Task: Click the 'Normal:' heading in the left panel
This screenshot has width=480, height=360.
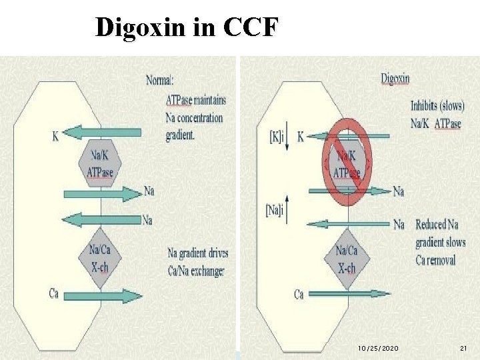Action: click(x=160, y=81)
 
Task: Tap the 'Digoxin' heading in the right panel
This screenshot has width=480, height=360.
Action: click(x=395, y=79)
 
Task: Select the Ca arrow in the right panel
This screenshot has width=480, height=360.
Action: click(x=351, y=293)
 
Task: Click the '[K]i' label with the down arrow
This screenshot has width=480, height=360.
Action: click(x=275, y=137)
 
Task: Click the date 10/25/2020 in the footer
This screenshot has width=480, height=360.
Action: click(x=378, y=349)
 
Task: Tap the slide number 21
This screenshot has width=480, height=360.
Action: click(x=464, y=349)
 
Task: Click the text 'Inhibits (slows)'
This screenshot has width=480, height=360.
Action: click(x=437, y=105)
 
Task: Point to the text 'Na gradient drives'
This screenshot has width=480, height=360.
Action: click(x=197, y=253)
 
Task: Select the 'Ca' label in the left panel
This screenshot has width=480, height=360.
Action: click(x=54, y=293)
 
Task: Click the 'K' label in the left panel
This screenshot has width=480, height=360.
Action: click(x=55, y=137)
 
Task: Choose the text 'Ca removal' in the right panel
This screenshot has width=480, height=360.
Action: click(x=435, y=259)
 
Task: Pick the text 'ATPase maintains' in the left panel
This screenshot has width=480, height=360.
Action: click(x=195, y=100)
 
